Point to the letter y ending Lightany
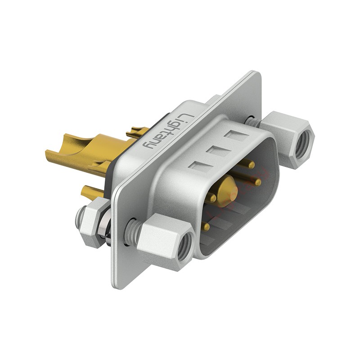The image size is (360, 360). pos(148,144)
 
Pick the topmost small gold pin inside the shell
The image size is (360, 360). pos(251,165)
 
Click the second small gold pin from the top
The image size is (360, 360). pos(257,182)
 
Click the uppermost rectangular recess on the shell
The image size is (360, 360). pos(236,135)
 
